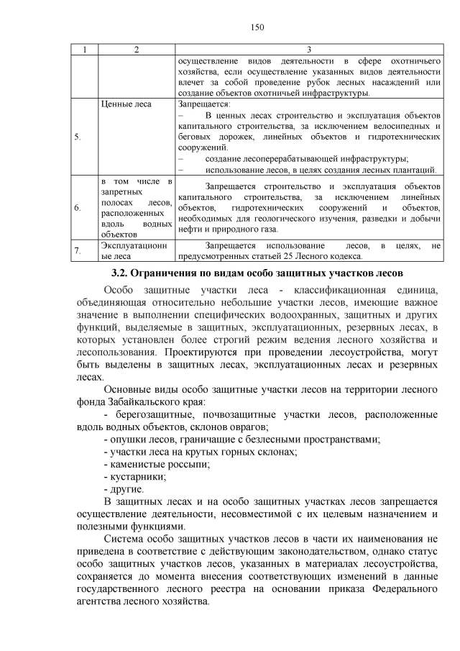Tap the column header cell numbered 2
[x=137, y=50]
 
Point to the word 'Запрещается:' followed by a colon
[x=201, y=104]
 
